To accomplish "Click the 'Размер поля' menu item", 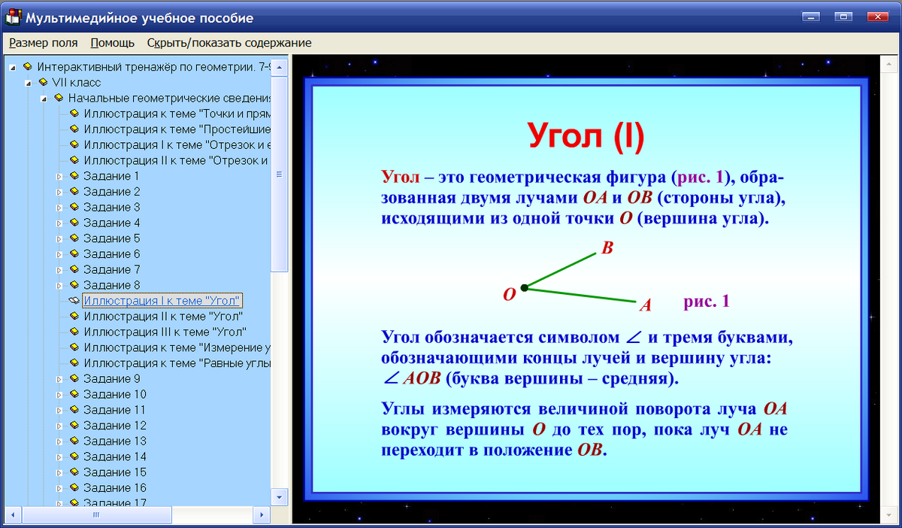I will coord(44,43).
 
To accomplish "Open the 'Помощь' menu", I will coord(112,43).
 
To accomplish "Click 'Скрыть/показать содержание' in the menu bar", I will coord(229,43).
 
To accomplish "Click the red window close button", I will coord(877,17).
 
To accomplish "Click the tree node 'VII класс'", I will coord(76,82).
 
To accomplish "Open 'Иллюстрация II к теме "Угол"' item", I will coord(163,317).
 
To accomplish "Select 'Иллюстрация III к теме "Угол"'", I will coord(165,332).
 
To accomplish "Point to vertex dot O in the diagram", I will coord(525,287).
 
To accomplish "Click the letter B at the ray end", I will coord(607,249).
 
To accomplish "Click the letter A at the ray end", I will coord(645,305).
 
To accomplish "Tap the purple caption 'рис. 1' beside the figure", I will coord(707,301).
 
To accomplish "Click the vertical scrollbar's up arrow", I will coord(280,68).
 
